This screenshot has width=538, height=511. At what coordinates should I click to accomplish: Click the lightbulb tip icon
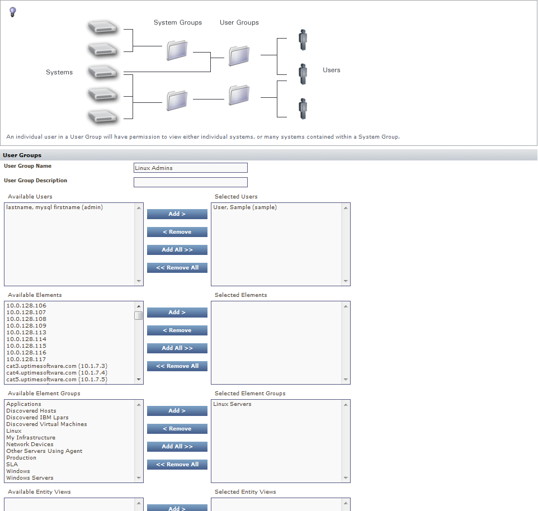click(x=13, y=12)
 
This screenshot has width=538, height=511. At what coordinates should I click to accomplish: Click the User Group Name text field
click(x=190, y=168)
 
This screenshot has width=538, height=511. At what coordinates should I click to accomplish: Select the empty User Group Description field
click(x=190, y=182)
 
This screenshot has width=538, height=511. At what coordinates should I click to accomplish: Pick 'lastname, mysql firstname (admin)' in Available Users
click(x=55, y=207)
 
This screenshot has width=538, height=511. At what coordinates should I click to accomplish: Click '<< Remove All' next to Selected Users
click(x=177, y=268)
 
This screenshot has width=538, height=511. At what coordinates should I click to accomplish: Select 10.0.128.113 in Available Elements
click(x=26, y=333)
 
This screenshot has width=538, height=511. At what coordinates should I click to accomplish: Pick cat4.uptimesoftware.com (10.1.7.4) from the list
click(x=56, y=373)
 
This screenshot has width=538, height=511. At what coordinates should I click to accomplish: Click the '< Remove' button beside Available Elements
click(x=177, y=330)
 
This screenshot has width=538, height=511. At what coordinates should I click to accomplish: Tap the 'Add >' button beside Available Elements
click(x=177, y=313)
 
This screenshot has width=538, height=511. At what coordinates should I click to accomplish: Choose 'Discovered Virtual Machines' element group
click(x=46, y=424)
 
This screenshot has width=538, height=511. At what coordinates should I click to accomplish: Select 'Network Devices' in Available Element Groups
click(x=30, y=444)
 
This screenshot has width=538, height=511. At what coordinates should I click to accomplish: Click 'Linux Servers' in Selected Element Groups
click(x=232, y=404)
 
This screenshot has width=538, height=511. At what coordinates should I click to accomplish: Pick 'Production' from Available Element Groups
click(x=21, y=458)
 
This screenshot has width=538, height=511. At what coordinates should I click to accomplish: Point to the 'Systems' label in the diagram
click(x=59, y=72)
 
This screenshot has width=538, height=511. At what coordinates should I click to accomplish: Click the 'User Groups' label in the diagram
click(x=239, y=23)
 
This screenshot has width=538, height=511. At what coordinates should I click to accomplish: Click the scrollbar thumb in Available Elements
click(x=138, y=315)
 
